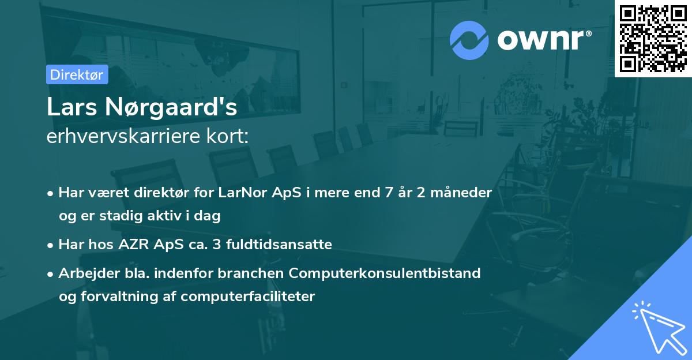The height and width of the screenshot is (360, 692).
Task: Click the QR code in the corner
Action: pos(653,38)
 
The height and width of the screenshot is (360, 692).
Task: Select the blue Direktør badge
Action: pos(76,74)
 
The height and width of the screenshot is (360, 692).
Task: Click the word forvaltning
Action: pos(123,297)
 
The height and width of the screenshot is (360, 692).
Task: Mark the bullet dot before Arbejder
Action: pos(51,273)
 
